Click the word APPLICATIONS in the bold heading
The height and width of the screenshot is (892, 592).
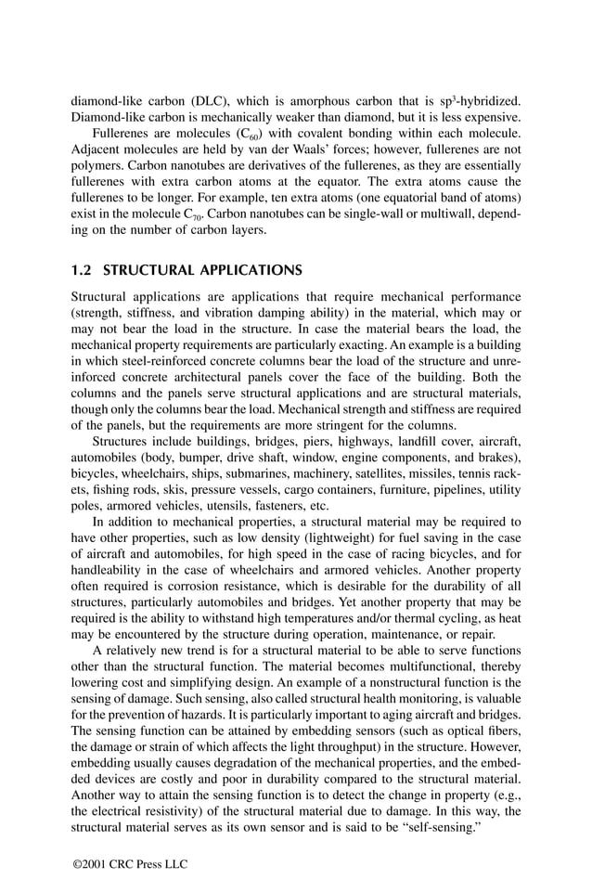[249, 271]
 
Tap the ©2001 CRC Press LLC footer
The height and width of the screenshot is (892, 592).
[130, 864]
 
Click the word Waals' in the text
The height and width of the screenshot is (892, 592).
[285, 151]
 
